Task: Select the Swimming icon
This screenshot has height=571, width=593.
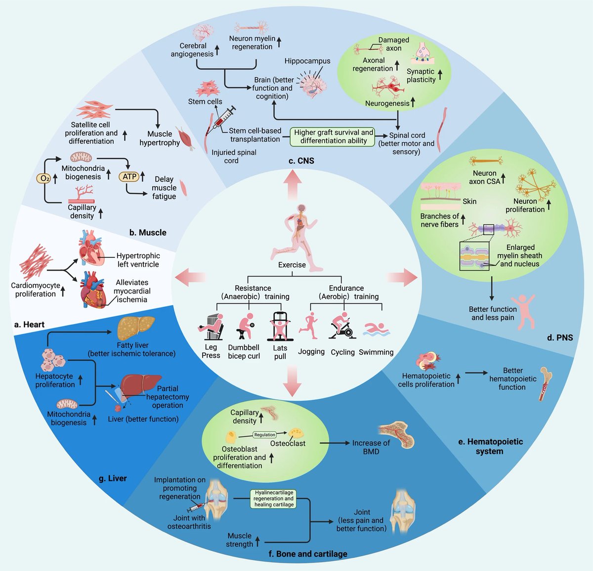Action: [376, 330]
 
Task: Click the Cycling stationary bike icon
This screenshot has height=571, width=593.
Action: [342, 326]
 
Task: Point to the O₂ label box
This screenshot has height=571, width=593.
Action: [44, 178]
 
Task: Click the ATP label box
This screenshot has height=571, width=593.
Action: [129, 176]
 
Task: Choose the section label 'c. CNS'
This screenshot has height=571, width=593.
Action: [301, 160]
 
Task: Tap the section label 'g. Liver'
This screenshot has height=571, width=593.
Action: [113, 478]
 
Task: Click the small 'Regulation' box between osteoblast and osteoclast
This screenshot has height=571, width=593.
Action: [265, 435]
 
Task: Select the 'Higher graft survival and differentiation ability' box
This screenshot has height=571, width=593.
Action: [334, 136]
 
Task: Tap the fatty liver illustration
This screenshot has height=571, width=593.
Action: [136, 328]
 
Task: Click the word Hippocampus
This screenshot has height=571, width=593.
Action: [307, 61]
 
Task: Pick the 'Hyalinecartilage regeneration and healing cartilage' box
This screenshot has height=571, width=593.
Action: [274, 498]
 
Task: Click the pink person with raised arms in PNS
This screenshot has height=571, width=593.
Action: [522, 312]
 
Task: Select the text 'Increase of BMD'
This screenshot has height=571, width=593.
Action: [371, 447]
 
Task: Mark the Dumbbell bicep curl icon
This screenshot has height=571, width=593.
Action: [244, 327]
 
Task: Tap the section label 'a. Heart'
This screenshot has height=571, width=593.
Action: [30, 324]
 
